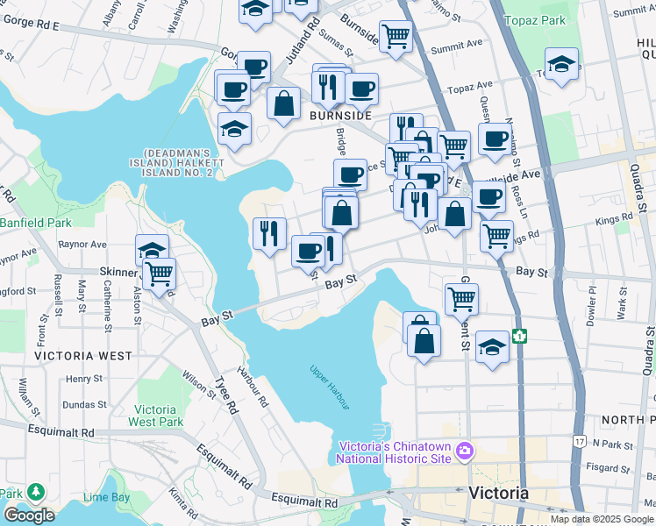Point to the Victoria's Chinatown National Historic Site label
pyautogui.click(x=395, y=453)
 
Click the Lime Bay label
pyautogui.click(x=106, y=497)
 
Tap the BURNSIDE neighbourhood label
pyautogui.click(x=341, y=116)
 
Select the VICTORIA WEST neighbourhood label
pyautogui.click(x=83, y=356)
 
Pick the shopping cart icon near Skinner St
pyautogui.click(x=159, y=274)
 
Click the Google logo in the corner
pyautogui.click(x=28, y=515)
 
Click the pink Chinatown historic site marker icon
pyautogui.click(x=464, y=452)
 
